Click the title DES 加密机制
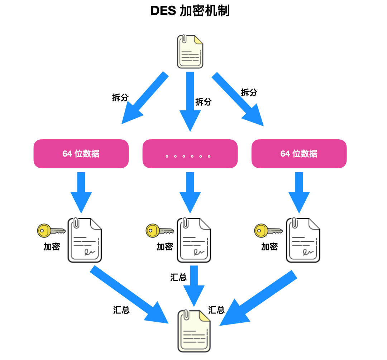[x=190, y=11]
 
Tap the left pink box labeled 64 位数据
[x=81, y=154]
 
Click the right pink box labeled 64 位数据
[x=299, y=154]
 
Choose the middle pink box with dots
[x=190, y=154]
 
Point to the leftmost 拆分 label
[x=120, y=97]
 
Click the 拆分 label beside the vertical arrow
[x=203, y=101]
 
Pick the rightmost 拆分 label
[x=249, y=92]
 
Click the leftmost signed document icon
[x=85, y=240]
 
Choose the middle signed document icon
[x=194, y=240]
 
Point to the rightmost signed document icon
[x=303, y=240]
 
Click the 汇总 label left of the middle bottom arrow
[x=178, y=277]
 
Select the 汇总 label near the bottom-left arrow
[x=121, y=310]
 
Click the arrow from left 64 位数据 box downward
[x=81, y=192]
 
